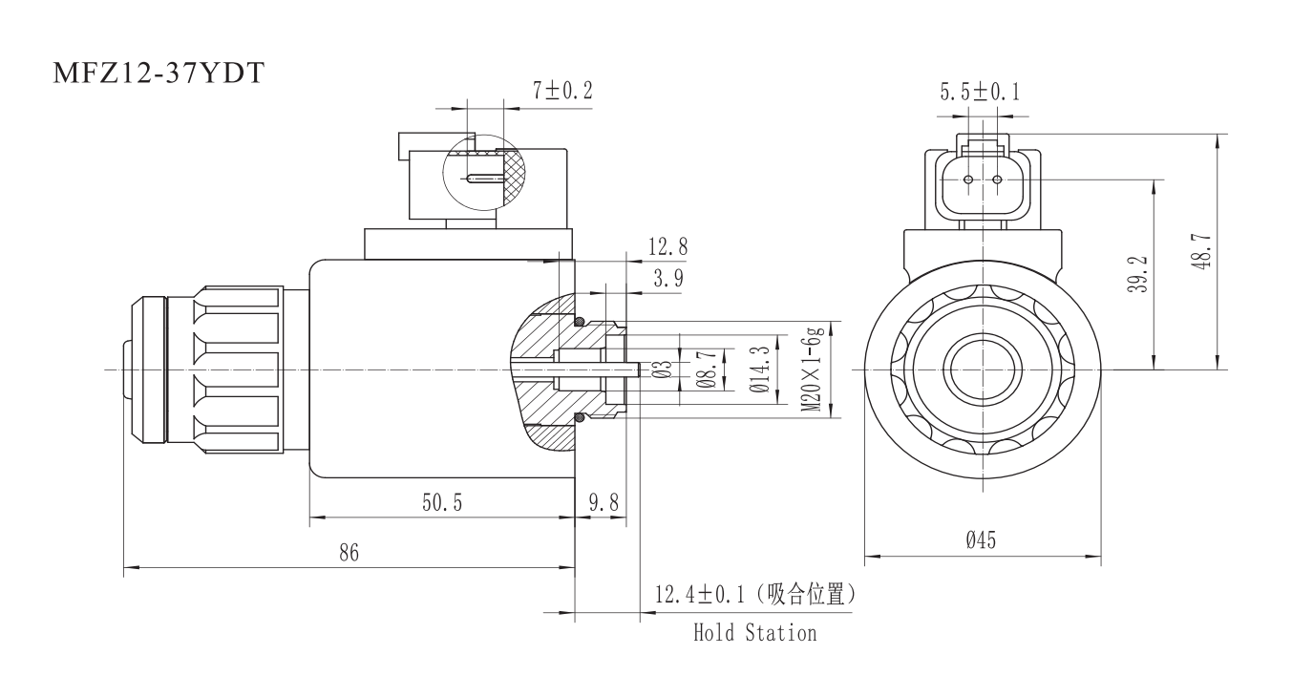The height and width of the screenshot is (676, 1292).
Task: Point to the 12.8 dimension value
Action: pos(667,247)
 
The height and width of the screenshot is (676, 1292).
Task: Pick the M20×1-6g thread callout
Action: pos(813,369)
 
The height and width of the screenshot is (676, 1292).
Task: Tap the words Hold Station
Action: pos(754,632)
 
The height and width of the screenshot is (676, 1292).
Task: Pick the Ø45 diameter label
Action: pos(981,541)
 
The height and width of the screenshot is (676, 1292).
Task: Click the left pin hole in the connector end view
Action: pos(968,180)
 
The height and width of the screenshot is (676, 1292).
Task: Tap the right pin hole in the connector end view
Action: pos(997,180)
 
